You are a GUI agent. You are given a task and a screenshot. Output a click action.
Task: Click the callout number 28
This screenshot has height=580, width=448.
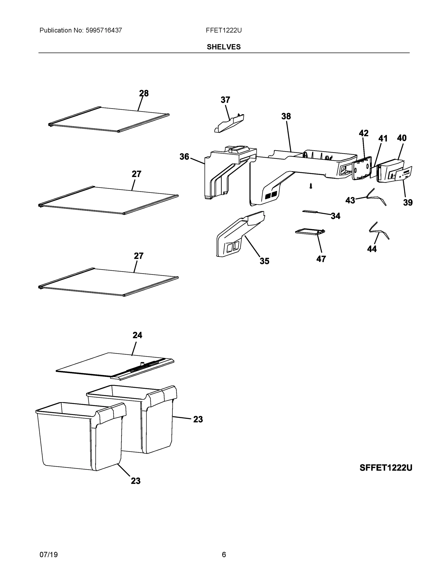coord(144,93)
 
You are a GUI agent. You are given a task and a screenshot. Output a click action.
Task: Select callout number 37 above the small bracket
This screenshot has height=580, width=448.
coord(225,100)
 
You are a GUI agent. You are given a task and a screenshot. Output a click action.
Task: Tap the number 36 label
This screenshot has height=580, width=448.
coord(184,157)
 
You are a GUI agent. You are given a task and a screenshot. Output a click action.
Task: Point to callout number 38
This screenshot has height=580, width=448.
coord(286,116)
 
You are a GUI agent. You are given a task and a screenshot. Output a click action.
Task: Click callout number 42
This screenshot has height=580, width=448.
coord(364,133)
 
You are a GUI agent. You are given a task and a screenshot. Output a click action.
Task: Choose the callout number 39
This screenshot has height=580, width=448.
coord(408,202)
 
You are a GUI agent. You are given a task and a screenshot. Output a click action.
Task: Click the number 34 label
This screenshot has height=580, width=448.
coord(335,216)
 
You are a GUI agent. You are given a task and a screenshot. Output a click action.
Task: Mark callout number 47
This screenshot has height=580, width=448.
coord(321,259)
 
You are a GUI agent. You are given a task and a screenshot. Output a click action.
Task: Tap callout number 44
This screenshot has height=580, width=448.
coord(372,249)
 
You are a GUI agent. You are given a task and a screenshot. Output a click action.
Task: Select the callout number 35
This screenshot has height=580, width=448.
coord(264,261)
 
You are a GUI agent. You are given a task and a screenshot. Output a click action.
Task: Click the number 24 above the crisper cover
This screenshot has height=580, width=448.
coord(137,335)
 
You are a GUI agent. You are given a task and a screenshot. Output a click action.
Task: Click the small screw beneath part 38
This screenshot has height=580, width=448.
coord(311,186)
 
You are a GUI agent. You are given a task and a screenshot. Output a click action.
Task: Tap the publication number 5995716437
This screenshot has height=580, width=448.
coord(104,30)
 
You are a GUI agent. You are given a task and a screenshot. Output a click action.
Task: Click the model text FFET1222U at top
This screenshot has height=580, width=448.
coord(224,30)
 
